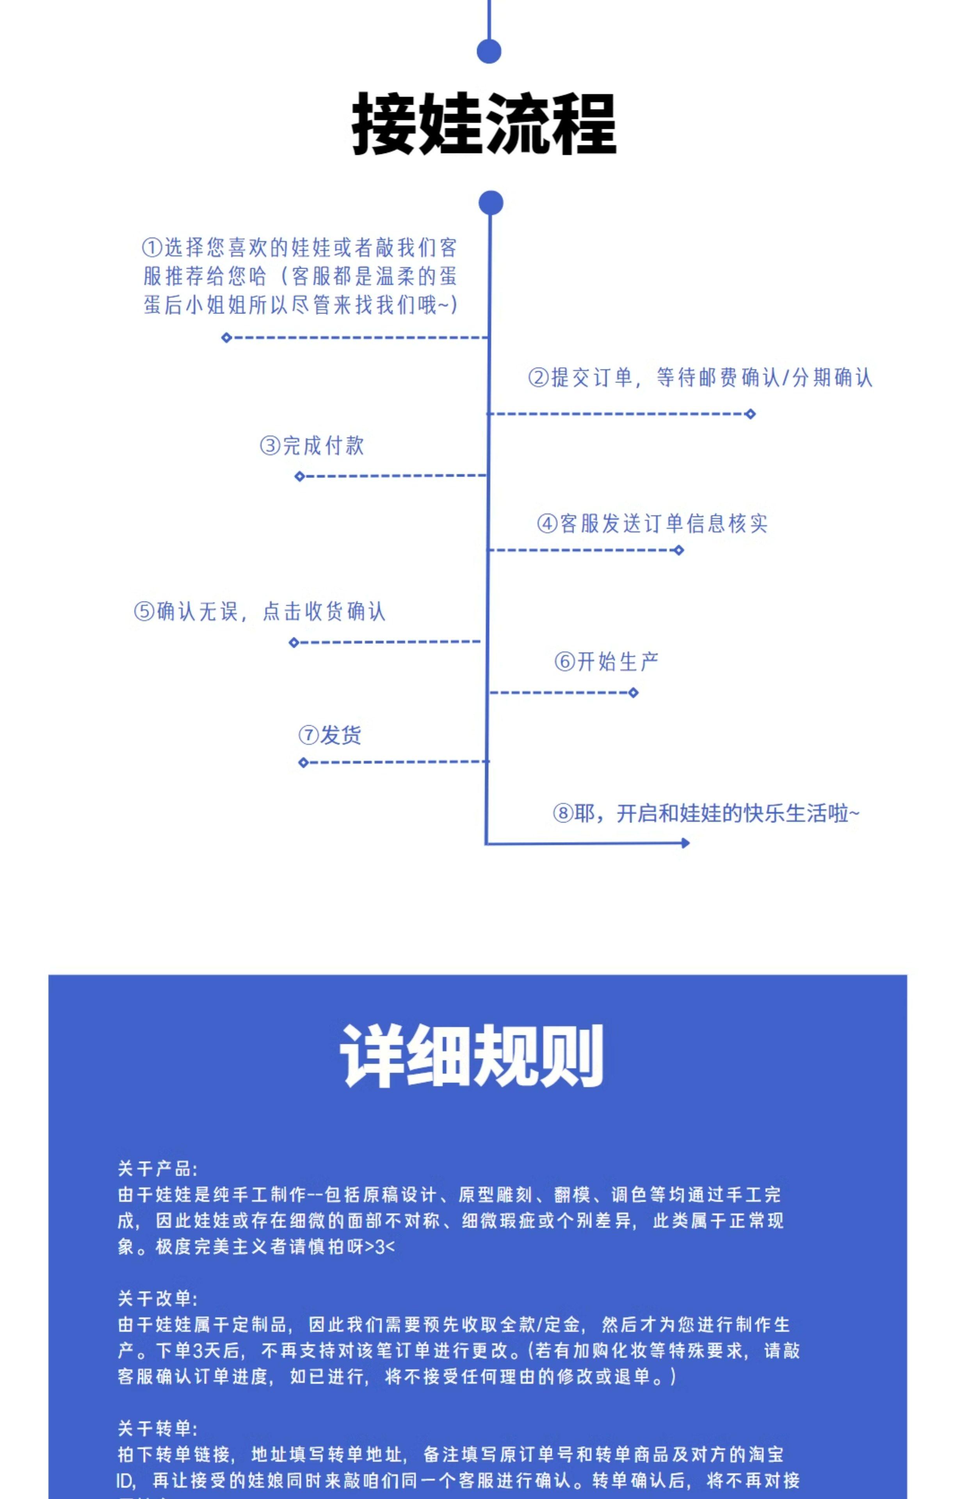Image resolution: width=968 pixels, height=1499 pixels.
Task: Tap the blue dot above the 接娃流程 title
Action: pos(489,52)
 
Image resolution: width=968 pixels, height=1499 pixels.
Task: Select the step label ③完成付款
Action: pos(312,446)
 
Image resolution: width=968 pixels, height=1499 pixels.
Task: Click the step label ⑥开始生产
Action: pos(607,661)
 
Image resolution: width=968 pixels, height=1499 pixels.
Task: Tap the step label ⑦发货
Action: pos(330,735)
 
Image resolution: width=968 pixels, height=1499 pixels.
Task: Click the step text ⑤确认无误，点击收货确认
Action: pos(260,611)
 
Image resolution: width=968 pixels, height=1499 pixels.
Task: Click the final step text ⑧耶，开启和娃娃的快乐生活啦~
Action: pos(706,813)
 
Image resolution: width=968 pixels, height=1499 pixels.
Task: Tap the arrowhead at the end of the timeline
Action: pos(686,843)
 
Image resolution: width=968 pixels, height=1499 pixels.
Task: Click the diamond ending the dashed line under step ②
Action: pos(750,413)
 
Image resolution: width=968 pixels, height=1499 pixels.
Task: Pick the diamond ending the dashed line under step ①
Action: pos(227,338)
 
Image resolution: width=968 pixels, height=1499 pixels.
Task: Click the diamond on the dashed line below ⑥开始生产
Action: pos(633,693)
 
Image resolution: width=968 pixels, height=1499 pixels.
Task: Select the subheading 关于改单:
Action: pos(158,1298)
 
